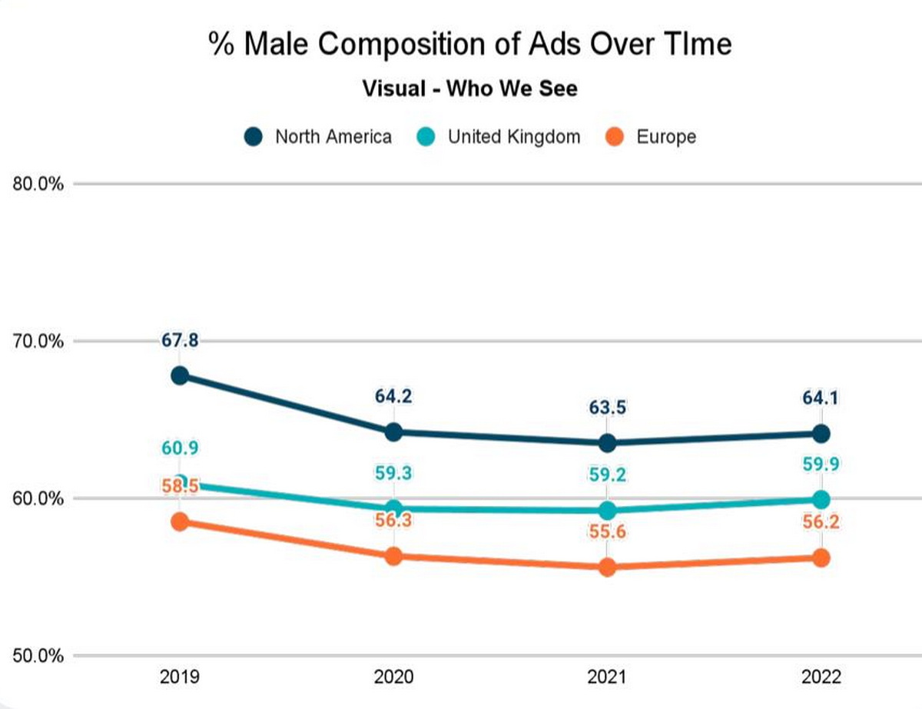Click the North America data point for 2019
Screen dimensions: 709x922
(x=180, y=375)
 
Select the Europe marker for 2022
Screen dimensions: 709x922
(x=821, y=558)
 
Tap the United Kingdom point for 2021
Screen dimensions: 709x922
(x=607, y=511)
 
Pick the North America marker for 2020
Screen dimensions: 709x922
(x=393, y=432)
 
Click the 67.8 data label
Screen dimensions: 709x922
(x=180, y=340)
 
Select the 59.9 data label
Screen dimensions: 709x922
(x=821, y=464)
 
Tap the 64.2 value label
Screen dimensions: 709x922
(x=393, y=398)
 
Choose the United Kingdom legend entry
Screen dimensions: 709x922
(x=504, y=137)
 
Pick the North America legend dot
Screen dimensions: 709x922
(x=254, y=137)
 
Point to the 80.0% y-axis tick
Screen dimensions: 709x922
(x=37, y=184)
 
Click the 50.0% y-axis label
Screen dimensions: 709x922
(x=37, y=656)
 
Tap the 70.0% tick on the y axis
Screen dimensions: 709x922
(x=37, y=341)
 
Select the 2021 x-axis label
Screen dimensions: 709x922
(x=607, y=677)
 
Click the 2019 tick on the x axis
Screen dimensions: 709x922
(x=180, y=677)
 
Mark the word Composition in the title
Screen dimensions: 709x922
(x=418, y=45)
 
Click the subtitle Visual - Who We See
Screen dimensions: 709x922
(x=469, y=89)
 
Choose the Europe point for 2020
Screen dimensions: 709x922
(x=393, y=556)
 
